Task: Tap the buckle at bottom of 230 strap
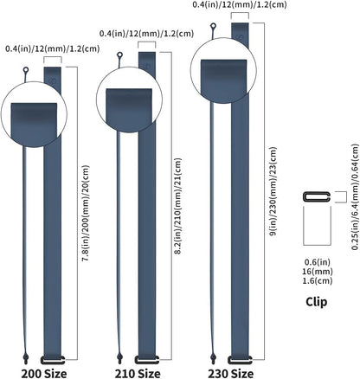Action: tap(241, 358)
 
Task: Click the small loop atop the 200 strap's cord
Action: tap(26, 72)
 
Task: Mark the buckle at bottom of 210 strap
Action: tap(147, 358)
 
